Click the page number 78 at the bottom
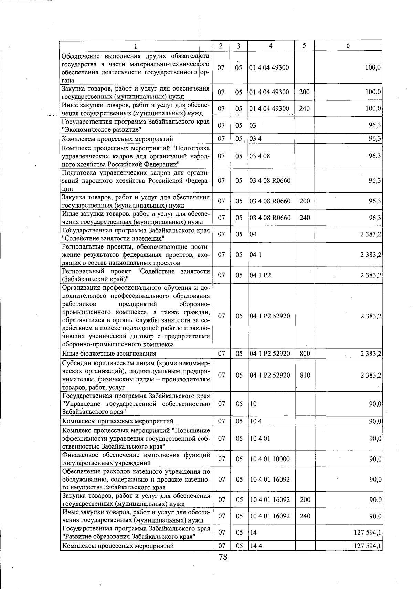(223, 557)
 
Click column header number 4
(271, 46)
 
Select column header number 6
(348, 46)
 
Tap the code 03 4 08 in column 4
(260, 156)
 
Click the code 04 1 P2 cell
(261, 275)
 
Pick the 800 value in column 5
(305, 354)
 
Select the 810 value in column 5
(305, 375)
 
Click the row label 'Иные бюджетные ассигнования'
(109, 354)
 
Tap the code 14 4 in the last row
(256, 546)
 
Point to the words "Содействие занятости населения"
(113, 238)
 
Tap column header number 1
(135, 46)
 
